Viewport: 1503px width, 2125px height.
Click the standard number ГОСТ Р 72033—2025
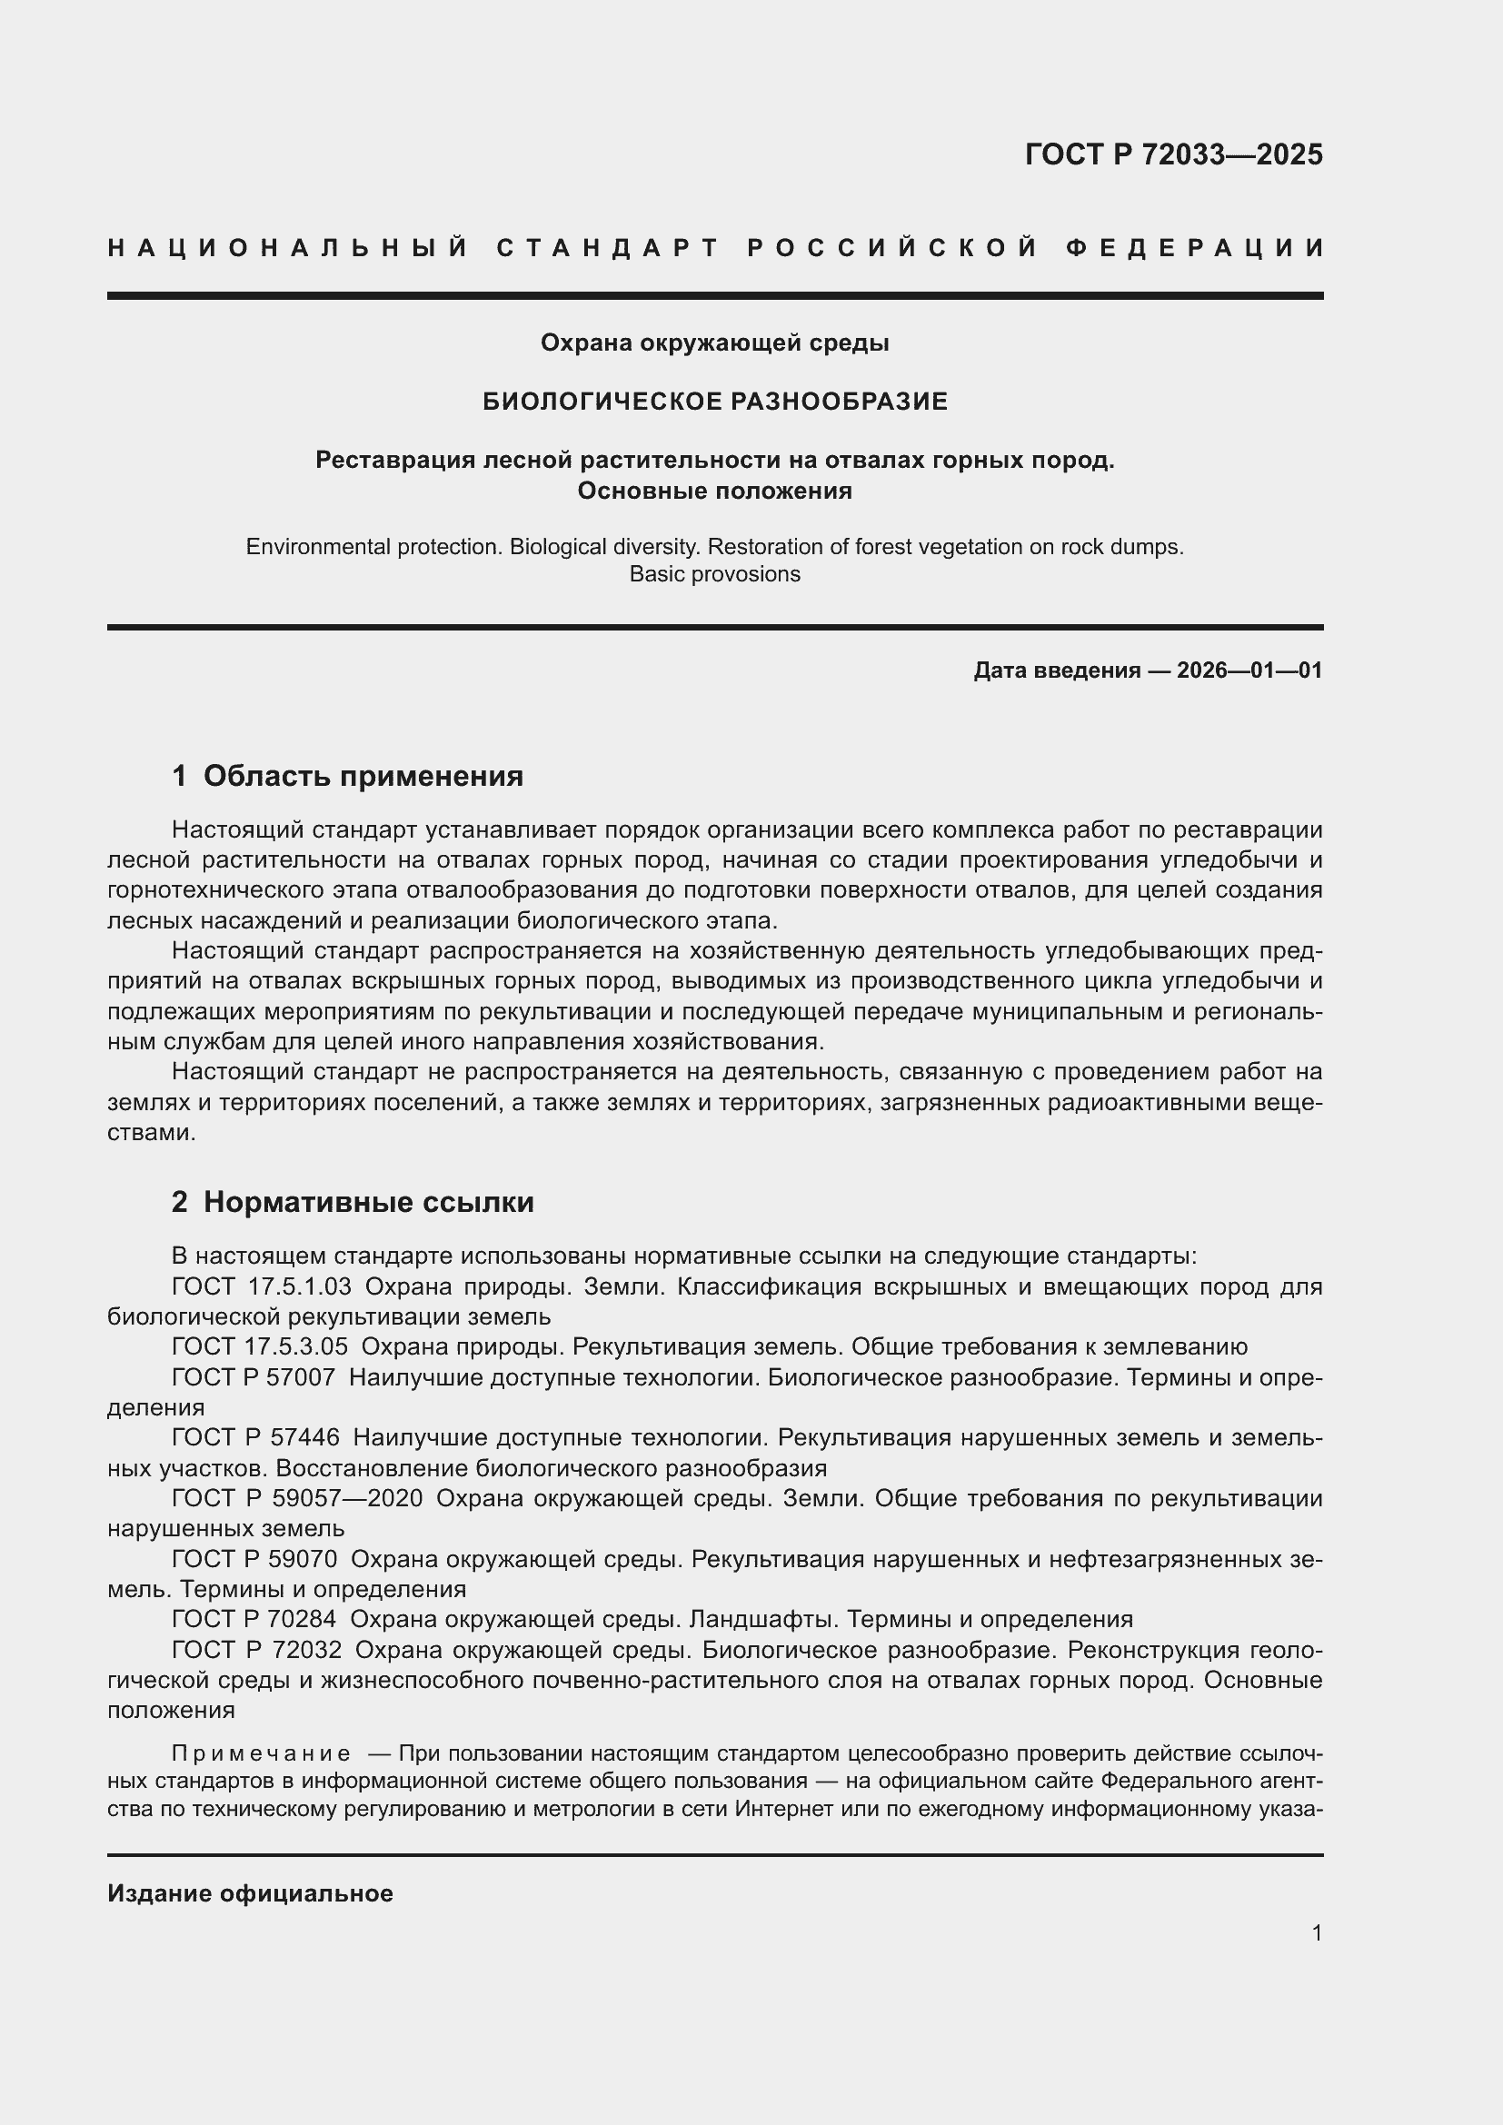click(x=1172, y=154)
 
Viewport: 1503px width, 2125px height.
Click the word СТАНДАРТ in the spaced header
click(x=608, y=248)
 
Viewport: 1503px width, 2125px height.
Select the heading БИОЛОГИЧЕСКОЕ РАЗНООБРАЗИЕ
click(x=714, y=402)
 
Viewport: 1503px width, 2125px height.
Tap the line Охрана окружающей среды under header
click(x=714, y=343)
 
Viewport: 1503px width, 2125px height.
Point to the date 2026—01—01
click(x=1249, y=671)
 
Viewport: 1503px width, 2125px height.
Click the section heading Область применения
click(x=363, y=776)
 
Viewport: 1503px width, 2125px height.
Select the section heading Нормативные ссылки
click(x=368, y=1202)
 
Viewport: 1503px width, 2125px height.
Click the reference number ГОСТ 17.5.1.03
click(x=261, y=1287)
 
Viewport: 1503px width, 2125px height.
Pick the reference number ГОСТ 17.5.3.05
click(x=259, y=1346)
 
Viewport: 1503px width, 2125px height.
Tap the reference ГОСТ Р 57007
click(x=254, y=1377)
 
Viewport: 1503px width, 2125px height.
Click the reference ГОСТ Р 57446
click(x=255, y=1437)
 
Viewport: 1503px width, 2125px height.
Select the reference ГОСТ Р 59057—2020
click(x=297, y=1498)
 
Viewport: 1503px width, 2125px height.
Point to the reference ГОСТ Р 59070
click(x=254, y=1560)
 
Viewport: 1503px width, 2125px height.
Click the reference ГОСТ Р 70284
click(x=254, y=1619)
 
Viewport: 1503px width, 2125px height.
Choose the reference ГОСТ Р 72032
click(x=256, y=1649)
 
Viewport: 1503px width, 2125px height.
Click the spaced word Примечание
click(x=261, y=1753)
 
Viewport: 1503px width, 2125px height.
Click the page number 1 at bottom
click(x=1316, y=1932)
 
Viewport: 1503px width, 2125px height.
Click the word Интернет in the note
click(x=784, y=1809)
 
